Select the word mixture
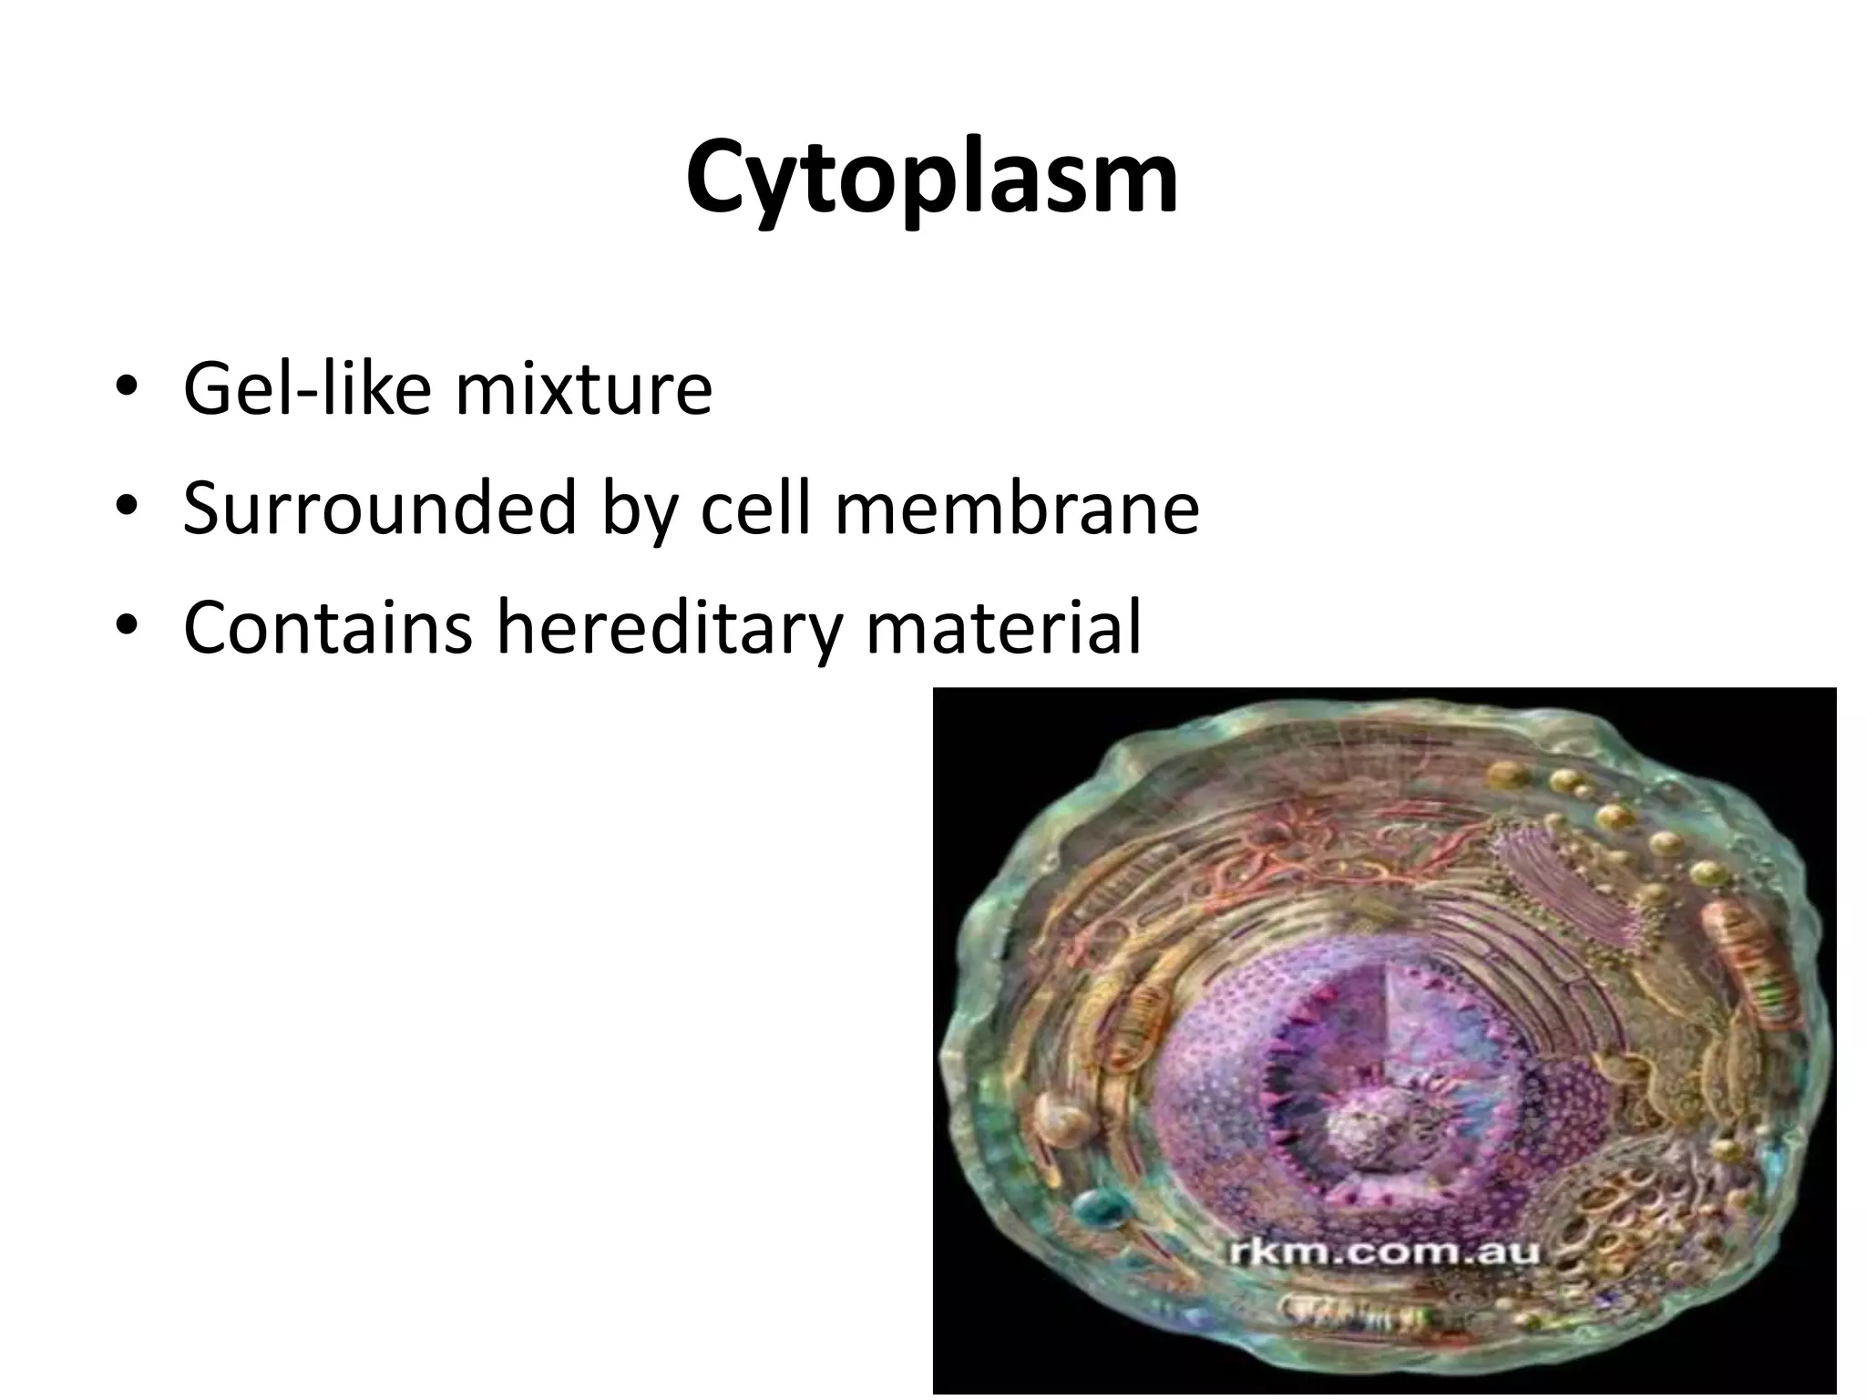point(583,388)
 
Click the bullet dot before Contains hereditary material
point(127,630)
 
